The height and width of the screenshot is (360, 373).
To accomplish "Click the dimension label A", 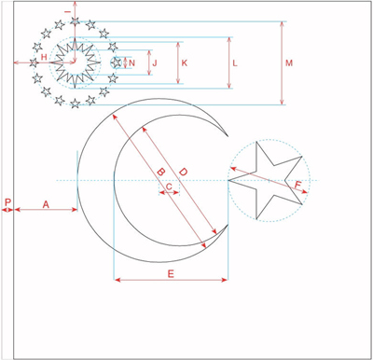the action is point(46,204).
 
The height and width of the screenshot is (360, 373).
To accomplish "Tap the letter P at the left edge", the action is point(7,202).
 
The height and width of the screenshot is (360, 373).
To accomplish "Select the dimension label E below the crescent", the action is point(171,274).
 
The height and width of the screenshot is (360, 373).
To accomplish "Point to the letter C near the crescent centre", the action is point(169,187).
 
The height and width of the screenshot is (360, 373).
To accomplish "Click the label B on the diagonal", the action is point(160,172).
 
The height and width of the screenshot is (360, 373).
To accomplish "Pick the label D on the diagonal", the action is point(183,172).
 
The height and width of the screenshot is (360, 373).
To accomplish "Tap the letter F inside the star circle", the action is point(297,186).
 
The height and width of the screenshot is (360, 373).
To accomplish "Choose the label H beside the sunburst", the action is point(44,57).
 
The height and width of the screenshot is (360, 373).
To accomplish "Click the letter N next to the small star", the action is point(131,63).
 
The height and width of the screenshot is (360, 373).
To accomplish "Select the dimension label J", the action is point(155,63).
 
